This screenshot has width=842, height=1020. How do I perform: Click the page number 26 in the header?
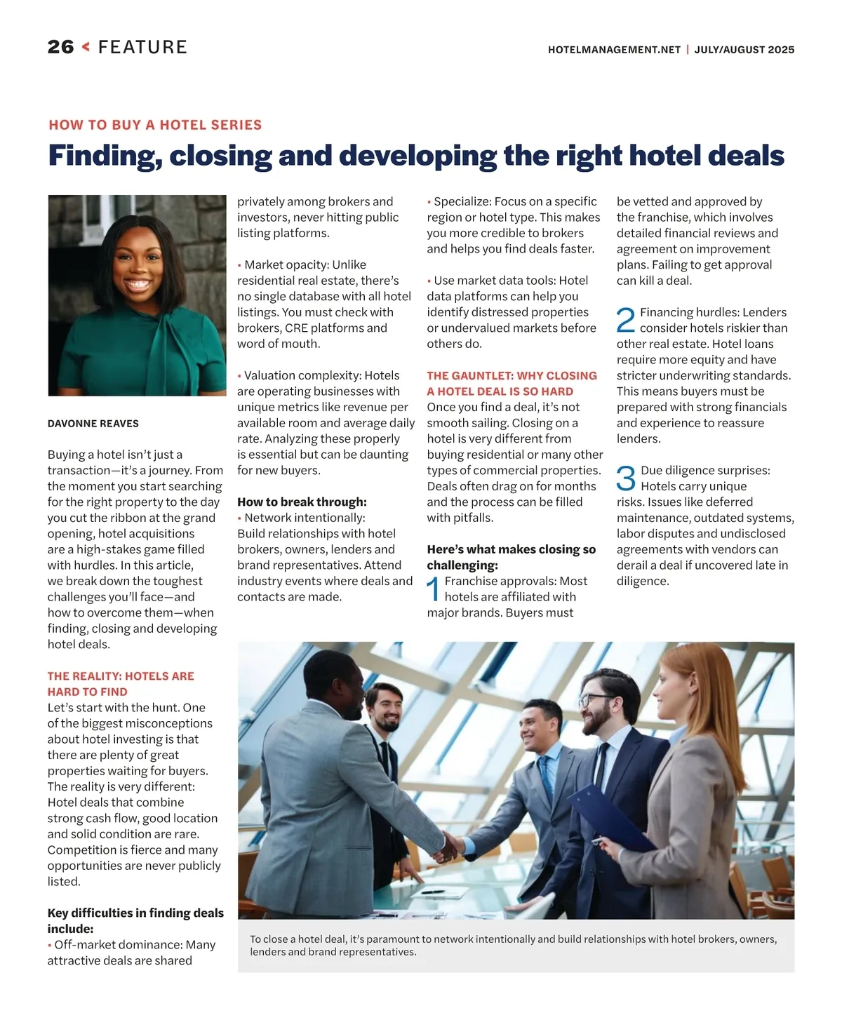60,47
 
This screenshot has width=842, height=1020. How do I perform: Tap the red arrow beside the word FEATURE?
86,47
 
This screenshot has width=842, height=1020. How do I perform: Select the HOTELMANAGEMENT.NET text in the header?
614,50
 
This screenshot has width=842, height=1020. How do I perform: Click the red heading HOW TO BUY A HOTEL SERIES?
155,125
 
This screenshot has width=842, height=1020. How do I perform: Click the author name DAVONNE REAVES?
93,424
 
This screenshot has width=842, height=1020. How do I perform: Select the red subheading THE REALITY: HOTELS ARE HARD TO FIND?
121,683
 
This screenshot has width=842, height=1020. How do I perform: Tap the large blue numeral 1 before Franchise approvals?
434,589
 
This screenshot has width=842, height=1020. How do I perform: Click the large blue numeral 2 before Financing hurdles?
625,320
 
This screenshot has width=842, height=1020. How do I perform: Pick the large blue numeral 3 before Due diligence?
625,478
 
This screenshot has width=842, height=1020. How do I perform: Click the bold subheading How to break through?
302,502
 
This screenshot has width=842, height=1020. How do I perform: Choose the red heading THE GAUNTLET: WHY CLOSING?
512,376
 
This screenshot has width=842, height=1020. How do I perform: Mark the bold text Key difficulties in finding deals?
135,913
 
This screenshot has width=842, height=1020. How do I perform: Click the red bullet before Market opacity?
239,266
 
